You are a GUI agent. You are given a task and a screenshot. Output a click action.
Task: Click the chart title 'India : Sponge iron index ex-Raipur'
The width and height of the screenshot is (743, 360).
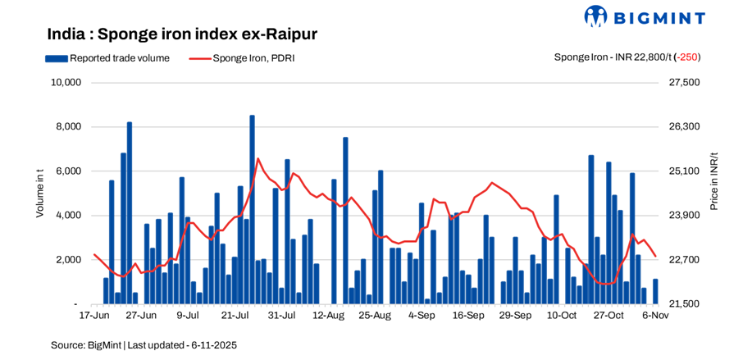(182, 34)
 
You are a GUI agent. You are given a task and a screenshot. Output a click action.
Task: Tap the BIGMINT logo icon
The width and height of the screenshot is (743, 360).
(595, 16)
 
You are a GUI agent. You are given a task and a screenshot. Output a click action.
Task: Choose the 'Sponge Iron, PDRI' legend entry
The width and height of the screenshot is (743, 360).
(241, 58)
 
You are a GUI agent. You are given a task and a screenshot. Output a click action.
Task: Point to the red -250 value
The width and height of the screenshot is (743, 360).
(687, 57)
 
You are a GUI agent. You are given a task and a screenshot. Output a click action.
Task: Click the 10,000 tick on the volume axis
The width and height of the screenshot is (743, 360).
(66, 83)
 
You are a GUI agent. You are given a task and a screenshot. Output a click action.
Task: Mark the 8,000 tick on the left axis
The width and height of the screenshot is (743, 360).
(68, 127)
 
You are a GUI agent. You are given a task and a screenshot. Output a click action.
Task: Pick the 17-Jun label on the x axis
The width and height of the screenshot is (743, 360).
(93, 315)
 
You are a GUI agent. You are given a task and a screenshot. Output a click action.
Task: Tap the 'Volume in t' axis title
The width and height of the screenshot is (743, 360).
(39, 193)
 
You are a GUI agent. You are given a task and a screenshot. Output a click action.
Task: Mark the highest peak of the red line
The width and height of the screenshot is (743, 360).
(258, 158)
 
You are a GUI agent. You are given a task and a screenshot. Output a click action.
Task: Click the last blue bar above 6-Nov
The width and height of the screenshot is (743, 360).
(655, 292)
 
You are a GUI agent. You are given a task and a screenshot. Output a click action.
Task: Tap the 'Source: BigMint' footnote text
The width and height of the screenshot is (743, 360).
(144, 345)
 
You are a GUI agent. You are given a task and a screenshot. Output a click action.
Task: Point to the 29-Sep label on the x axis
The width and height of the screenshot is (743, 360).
(516, 315)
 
